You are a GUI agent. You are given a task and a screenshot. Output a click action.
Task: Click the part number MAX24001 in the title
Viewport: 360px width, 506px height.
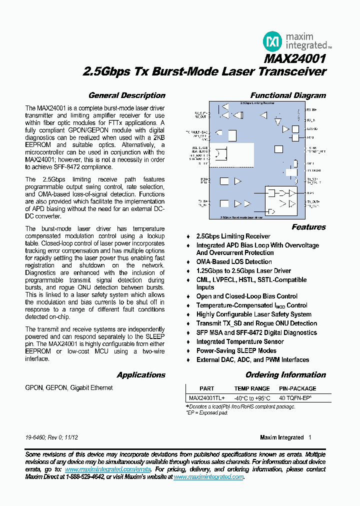pyautogui.click(x=295, y=58)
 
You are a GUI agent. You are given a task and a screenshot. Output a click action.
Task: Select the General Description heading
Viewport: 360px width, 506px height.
pyautogui.click(x=126, y=95)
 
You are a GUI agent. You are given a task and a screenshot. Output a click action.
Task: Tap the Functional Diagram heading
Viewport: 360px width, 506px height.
pyautogui.click(x=288, y=95)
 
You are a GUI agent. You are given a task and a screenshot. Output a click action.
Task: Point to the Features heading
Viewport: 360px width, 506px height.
pyautogui.click(x=308, y=227)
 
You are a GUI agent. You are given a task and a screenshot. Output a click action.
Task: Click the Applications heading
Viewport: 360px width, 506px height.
pyautogui.click(x=141, y=375)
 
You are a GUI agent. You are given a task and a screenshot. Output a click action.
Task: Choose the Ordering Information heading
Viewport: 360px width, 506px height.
pyautogui.click(x=285, y=375)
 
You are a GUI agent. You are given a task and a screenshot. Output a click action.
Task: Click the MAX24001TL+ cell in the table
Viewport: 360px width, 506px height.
pyautogui.click(x=206, y=398)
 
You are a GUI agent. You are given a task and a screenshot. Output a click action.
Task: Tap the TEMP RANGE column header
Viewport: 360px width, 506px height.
pyautogui.click(x=252, y=388)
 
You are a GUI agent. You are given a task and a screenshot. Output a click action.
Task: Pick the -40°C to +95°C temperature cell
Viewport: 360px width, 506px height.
pyautogui.click(x=252, y=398)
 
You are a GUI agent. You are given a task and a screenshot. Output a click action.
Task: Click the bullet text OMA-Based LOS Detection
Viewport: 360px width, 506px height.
pyautogui.click(x=234, y=261)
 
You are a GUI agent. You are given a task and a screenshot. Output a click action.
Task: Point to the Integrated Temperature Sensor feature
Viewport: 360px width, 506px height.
pyautogui.click(x=240, y=341)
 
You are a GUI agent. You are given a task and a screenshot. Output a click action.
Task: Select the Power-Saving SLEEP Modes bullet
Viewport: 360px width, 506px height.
pyautogui.click(x=236, y=350)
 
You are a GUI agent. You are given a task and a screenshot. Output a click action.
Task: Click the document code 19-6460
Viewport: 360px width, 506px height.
pyautogui.click(x=35, y=437)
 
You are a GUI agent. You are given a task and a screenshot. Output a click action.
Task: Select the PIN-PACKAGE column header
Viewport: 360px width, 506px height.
pyautogui.click(x=297, y=388)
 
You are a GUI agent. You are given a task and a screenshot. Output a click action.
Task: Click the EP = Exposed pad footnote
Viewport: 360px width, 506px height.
pyautogui.click(x=207, y=413)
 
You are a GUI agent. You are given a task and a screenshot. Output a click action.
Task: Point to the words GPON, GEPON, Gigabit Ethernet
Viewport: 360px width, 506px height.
pyautogui.click(x=69, y=387)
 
